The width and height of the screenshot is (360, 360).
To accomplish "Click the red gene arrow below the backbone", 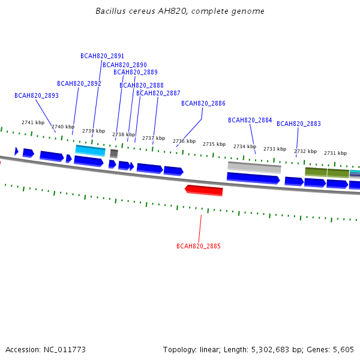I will pos(204,190).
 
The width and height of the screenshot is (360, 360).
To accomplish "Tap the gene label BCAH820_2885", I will pos(199,246).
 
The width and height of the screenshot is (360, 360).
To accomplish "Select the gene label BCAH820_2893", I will pos(37,95).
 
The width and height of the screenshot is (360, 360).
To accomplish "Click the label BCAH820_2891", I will pos(103,56).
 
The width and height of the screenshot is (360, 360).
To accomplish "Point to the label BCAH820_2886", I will pos(203,103).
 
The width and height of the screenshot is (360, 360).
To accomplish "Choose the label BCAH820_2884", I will pos(250,120).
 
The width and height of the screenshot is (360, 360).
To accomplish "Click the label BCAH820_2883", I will pos(299,124).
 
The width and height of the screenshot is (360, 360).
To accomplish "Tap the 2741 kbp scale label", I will pos(33,122).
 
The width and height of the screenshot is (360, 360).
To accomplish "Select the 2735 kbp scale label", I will pos(214,144).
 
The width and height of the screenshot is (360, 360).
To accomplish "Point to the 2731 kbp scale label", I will pos(335,153).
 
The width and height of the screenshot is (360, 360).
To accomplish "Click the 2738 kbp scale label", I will pos(124,134).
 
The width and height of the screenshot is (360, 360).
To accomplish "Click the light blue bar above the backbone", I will pos(91,150).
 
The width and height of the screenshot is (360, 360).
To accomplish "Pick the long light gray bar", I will pos(254,167).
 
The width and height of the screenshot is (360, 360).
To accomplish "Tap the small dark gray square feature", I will pos(114,154).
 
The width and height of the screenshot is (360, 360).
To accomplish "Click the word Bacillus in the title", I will pos(111,11).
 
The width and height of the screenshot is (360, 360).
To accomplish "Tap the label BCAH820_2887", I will pos(158,93).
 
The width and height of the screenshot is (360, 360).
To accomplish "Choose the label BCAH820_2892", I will pos(79,83).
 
